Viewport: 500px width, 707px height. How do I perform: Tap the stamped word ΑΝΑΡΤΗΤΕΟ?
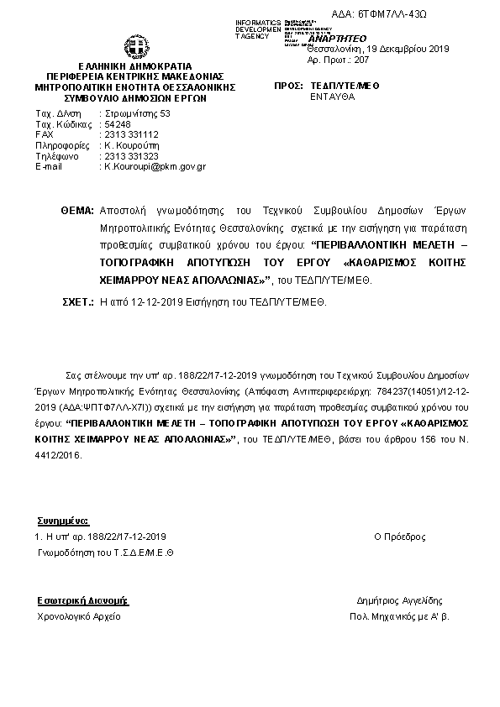click(x=337, y=39)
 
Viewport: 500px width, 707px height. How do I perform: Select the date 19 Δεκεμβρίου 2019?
click(x=403, y=50)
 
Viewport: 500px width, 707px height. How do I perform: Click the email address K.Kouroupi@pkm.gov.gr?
click(x=155, y=167)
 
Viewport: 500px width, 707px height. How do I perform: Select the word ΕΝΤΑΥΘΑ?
click(x=332, y=97)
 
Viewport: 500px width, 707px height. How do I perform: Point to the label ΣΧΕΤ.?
click(x=77, y=300)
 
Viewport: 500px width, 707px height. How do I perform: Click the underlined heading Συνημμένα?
click(x=63, y=521)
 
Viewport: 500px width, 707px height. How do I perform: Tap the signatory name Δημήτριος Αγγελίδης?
click(x=399, y=601)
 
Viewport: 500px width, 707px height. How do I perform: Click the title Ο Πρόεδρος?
click(x=399, y=537)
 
